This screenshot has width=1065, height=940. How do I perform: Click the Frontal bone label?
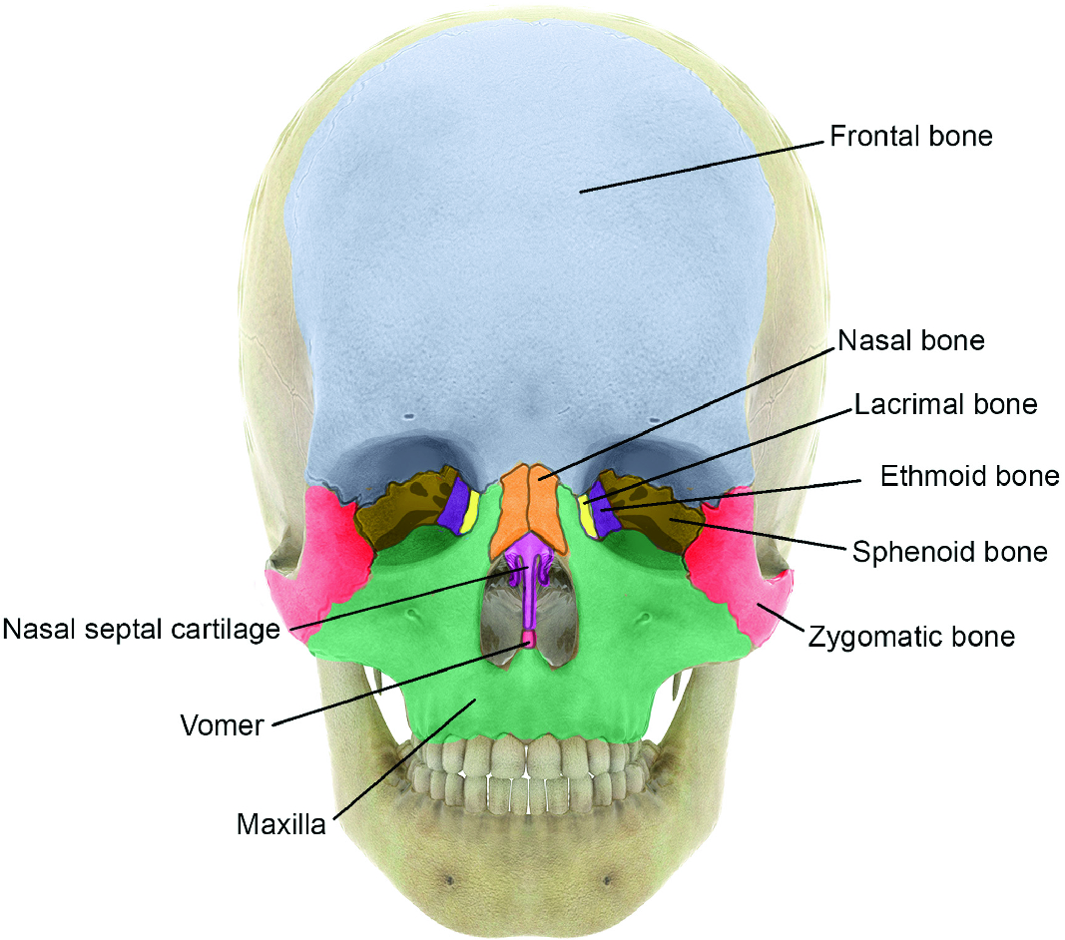[910, 136]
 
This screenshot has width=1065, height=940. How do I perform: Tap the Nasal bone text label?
[910, 340]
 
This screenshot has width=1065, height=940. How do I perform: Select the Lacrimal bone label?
[944, 404]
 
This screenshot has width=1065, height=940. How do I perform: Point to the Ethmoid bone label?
[969, 476]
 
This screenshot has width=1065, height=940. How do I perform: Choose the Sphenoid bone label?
[949, 551]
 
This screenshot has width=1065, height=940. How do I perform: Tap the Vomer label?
[222, 724]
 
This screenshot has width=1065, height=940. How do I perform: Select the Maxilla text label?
[280, 825]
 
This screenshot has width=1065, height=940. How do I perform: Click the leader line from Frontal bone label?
[699, 165]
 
